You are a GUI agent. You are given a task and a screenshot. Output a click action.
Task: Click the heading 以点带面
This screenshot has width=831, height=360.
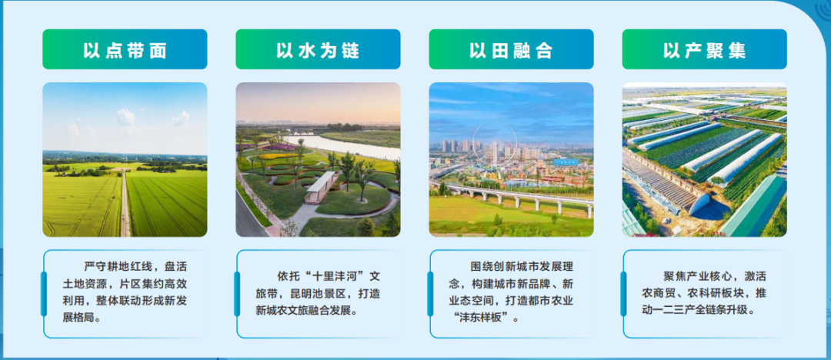coord(125,50)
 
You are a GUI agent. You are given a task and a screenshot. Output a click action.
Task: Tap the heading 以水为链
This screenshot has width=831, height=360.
coord(318,50)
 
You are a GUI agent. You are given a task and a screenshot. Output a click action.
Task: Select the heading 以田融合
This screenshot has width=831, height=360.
coord(511,50)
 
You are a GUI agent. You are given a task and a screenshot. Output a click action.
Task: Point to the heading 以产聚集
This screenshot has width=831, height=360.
coord(704,50)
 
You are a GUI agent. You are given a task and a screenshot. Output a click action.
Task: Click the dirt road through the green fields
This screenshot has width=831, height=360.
coord(125,204)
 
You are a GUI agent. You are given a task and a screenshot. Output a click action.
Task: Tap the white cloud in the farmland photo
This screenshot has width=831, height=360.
coord(125,117)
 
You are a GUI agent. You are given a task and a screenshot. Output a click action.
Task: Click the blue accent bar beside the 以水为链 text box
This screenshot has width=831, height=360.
coord(237,294)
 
